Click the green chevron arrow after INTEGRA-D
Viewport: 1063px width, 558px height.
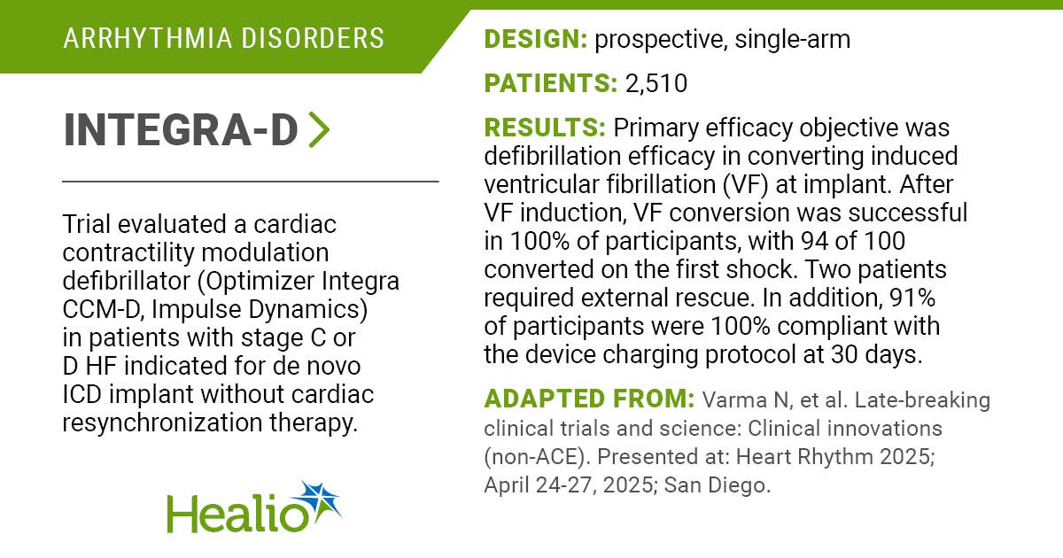(x=320, y=129)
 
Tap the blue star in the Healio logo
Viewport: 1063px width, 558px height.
(x=318, y=501)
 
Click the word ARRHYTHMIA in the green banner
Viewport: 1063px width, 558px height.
(x=147, y=38)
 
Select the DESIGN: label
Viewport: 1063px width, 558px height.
(x=536, y=39)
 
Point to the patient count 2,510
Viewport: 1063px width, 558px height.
(x=656, y=83)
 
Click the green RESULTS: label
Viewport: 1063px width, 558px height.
(x=545, y=128)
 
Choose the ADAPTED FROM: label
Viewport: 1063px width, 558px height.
(x=589, y=399)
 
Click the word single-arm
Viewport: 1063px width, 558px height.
(x=793, y=40)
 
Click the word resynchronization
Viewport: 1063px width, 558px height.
(x=162, y=422)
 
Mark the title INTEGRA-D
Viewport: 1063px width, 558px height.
(x=181, y=129)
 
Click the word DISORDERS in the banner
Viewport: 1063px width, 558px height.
(x=313, y=38)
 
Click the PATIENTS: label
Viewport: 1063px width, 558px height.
(x=551, y=83)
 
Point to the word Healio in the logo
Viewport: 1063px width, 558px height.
(x=237, y=514)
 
